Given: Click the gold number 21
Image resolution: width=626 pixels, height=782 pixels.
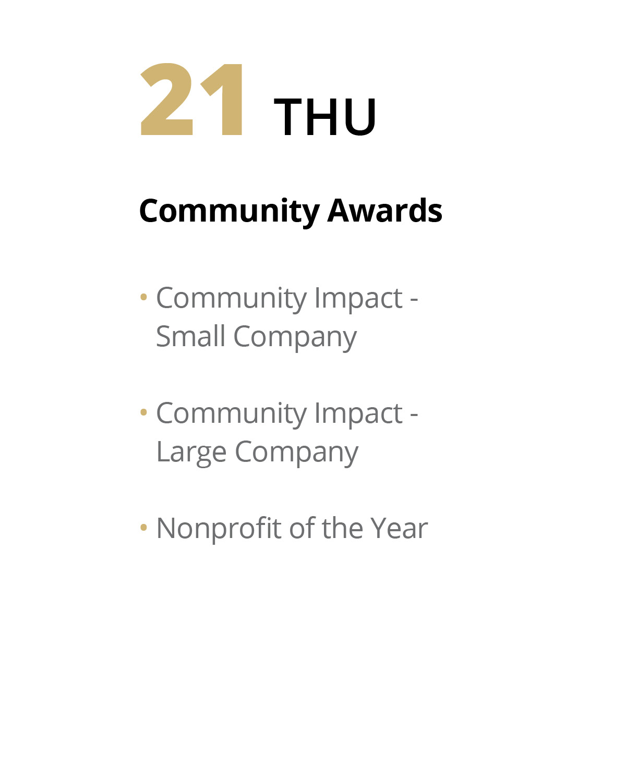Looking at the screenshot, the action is click(191, 99).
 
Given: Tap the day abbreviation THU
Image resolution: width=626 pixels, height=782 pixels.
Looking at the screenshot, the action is click(325, 117).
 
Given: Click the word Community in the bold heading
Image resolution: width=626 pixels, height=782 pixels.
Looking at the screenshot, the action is click(230, 212).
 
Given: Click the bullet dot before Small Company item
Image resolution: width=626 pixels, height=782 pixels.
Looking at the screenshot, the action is click(143, 297).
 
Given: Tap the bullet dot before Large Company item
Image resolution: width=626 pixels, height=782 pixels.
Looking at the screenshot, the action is click(143, 412).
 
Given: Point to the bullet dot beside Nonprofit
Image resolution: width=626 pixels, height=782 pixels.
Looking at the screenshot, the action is click(143, 527).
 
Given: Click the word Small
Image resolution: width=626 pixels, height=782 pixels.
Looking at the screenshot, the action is click(190, 336).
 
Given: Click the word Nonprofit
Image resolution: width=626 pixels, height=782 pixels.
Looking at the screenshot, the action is click(219, 529).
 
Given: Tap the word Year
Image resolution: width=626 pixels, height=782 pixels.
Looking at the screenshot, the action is click(399, 528).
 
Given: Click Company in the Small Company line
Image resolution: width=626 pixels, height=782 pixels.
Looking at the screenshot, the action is click(295, 338).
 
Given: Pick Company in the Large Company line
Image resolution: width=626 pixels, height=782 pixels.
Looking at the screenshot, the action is click(297, 453).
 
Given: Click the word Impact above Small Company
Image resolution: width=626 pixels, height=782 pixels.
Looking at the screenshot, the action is click(359, 299).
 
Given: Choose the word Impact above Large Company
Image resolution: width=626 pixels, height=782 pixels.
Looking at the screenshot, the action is click(359, 414).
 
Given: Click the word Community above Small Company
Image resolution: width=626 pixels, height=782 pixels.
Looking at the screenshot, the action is click(232, 299).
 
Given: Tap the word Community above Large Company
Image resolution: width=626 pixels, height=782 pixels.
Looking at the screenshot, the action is click(232, 414).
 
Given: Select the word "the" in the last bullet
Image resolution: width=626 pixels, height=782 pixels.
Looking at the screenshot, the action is click(342, 528).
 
